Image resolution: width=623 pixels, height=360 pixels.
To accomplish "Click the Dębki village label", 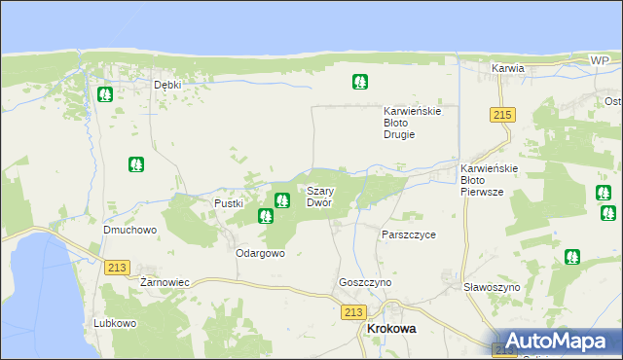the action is pos(168,85).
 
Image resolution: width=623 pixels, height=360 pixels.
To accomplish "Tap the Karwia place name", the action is pos(508,69).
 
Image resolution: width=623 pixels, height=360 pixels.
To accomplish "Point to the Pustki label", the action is pos(228,203).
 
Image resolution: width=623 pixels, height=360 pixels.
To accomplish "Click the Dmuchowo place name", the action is pos(130,231).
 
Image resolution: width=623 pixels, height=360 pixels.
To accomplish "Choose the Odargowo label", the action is pos(260,253).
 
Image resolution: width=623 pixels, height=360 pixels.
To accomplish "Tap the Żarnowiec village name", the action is pos(165,281).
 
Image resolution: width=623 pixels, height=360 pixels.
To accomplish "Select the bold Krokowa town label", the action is pos(389,330).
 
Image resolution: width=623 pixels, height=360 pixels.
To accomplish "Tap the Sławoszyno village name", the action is pos(492,288).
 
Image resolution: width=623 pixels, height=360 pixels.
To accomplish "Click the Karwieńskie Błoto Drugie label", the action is pos(413,123).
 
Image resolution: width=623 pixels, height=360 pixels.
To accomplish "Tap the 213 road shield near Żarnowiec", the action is pos(118,267).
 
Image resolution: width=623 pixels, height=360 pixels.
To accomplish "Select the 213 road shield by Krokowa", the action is pos(353,312).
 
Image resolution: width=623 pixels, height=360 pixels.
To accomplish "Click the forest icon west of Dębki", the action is pos(105,95).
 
